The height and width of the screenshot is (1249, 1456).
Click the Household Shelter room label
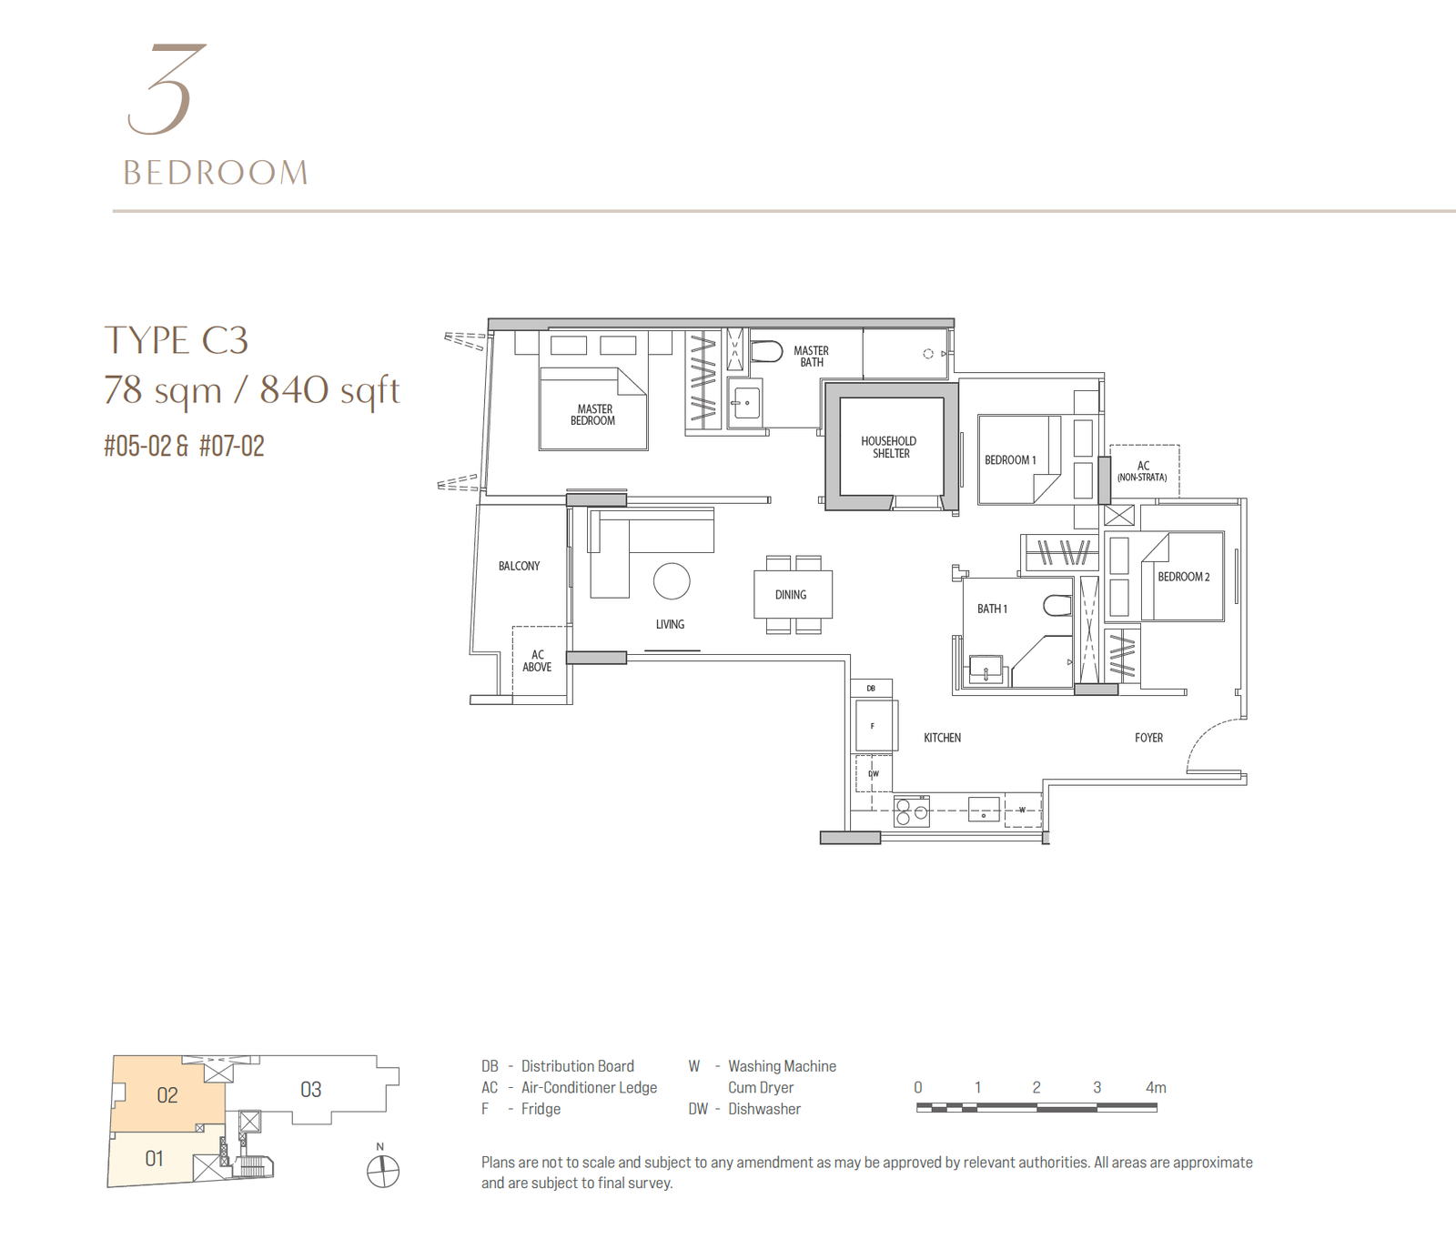click(x=889, y=447)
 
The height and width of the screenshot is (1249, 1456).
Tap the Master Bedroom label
click(x=593, y=415)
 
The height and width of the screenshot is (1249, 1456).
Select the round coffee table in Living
click(x=672, y=581)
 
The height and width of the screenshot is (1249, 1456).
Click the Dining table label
click(x=791, y=595)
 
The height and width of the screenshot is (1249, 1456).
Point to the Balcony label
click(x=519, y=566)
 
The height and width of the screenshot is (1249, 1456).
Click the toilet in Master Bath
click(x=766, y=351)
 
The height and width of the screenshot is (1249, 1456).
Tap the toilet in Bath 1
click(x=1057, y=606)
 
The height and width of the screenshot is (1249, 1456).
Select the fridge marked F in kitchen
click(x=874, y=726)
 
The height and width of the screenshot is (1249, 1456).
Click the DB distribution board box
click(x=872, y=689)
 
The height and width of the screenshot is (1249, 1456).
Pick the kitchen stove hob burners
click(x=911, y=811)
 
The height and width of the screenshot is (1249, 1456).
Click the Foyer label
click(x=1148, y=738)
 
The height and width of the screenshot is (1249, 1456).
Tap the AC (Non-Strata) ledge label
click(x=1143, y=471)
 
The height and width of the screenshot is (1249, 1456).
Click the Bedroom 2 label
click(x=1183, y=577)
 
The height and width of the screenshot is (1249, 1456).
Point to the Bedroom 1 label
click(x=1010, y=460)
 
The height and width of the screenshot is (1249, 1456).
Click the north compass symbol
click(x=383, y=1171)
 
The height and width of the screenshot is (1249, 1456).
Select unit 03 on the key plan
click(x=310, y=1089)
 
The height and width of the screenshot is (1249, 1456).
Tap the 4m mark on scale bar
click(x=1156, y=1087)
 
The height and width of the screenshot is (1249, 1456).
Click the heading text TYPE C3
click(x=177, y=340)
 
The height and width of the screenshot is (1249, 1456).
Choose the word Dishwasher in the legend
click(x=764, y=1109)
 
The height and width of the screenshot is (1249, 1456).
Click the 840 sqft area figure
click(x=329, y=390)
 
